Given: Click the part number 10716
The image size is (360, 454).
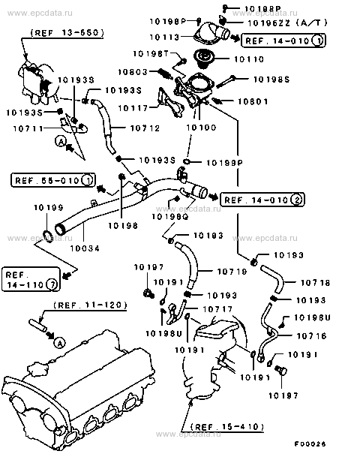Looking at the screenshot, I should coord(313,336).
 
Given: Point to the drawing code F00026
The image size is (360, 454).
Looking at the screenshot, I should coord(334,444).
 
